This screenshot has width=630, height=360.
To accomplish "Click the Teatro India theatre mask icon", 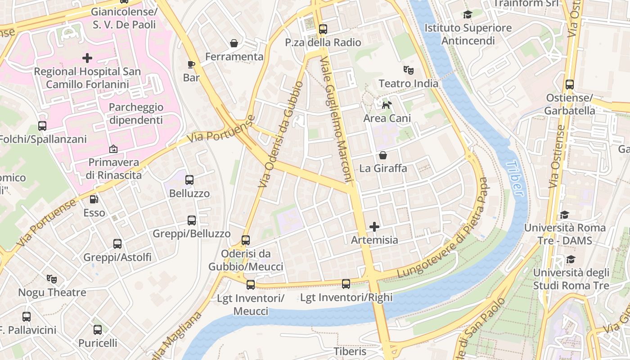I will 409,70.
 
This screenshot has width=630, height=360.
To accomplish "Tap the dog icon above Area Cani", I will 386,105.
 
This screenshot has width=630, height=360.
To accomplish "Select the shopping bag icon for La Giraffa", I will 383,155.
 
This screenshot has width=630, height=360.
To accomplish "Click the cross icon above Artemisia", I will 374,227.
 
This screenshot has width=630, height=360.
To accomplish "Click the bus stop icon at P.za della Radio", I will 323,29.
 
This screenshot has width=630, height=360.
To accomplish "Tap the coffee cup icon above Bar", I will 191,64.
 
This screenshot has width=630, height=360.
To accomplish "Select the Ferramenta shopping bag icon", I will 234,43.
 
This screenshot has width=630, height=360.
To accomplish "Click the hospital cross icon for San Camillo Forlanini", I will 87,58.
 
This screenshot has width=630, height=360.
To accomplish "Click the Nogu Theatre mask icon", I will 52,279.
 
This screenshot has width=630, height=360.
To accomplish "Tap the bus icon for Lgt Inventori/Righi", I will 346,284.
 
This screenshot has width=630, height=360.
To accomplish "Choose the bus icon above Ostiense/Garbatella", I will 570,85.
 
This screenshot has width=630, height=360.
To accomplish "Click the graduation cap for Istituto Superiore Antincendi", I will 468,15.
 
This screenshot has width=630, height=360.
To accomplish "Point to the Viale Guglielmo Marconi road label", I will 335,120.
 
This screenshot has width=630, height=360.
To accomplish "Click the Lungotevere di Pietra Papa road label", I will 443,229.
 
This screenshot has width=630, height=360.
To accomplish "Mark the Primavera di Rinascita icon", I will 113,149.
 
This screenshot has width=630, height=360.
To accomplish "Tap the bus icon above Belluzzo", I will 189,180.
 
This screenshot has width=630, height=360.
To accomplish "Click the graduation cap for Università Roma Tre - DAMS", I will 564,215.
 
